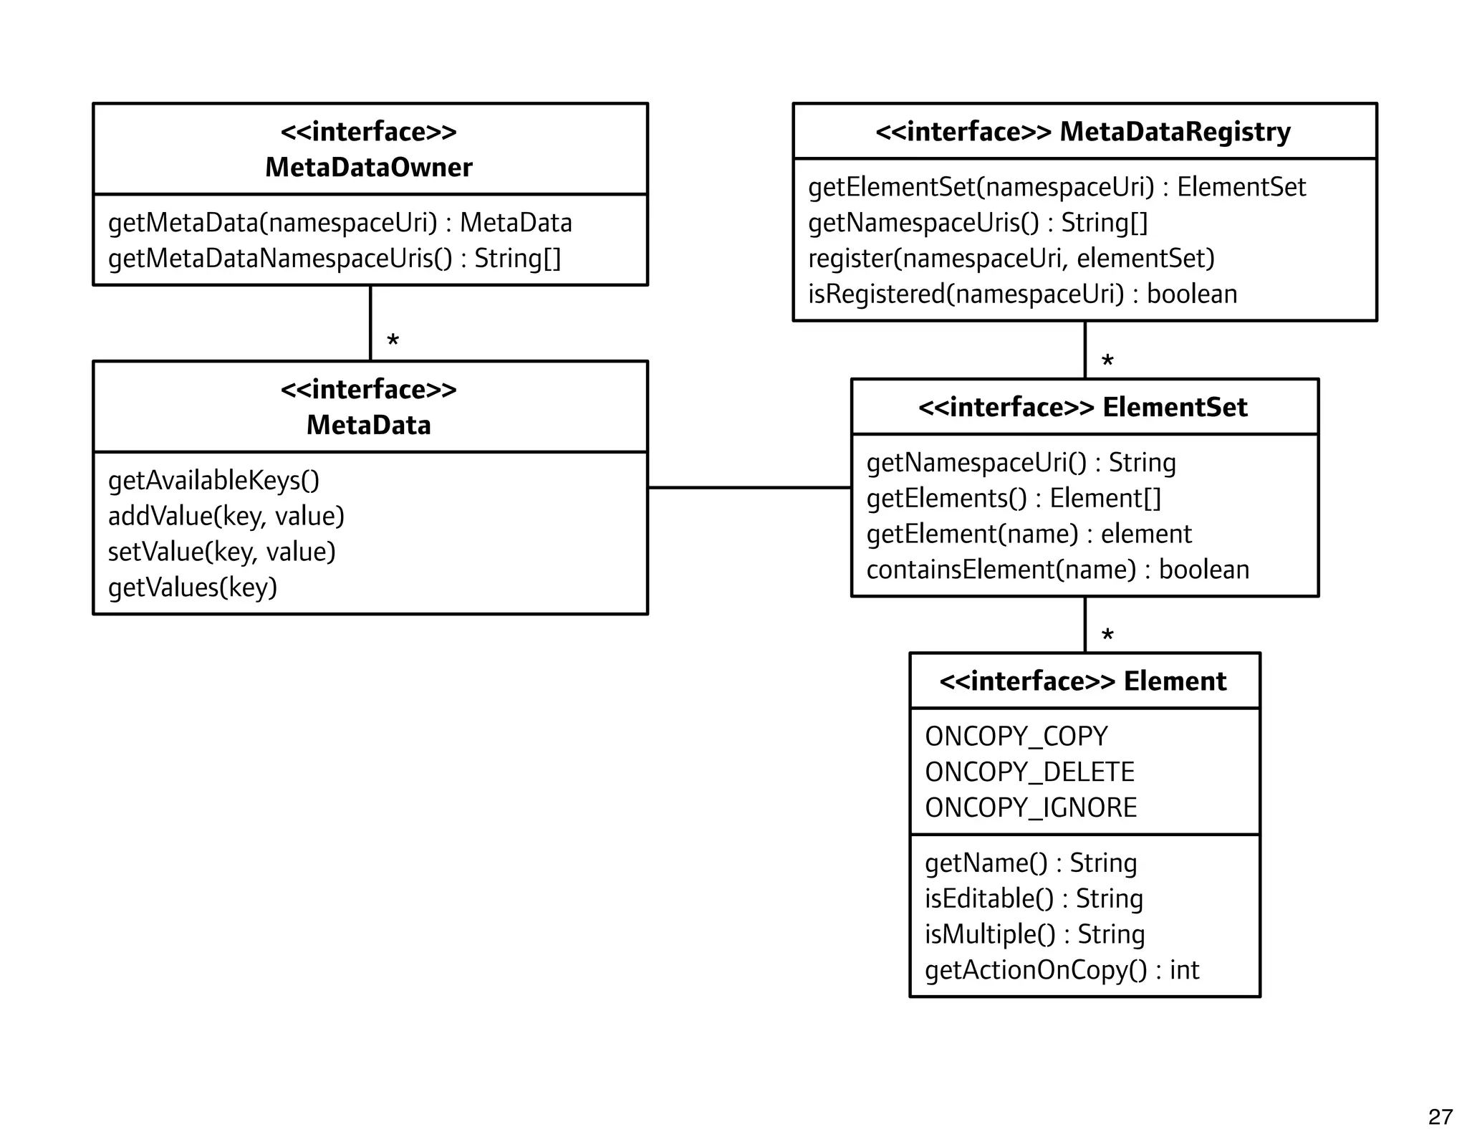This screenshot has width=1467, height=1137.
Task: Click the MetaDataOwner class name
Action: pos(368,168)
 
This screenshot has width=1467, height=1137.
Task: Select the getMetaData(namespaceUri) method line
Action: pos(340,223)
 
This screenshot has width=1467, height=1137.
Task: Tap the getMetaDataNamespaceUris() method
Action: pos(334,259)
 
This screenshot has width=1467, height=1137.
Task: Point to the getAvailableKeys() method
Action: pos(213,480)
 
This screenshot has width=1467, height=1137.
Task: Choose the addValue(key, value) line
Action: pos(226,516)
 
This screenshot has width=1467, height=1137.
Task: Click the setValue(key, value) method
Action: pos(221,552)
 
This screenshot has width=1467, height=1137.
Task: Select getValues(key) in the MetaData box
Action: pos(192,587)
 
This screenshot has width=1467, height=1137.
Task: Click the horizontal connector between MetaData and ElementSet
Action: pos(749,488)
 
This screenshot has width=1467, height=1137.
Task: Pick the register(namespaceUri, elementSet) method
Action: pos(1011,259)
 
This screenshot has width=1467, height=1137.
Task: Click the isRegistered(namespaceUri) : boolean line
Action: pos(1022,294)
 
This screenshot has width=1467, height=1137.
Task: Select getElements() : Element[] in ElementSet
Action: pos(1014,498)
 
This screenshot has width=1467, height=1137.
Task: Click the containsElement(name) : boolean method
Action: pos(1057,570)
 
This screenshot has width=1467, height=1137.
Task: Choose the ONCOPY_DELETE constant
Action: pos(1029,772)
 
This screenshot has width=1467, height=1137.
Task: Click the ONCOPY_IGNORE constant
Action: pos(1030,808)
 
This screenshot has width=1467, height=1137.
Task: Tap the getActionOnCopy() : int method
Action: pos(1061,970)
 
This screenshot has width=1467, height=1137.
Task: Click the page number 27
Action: pos(1440,1116)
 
